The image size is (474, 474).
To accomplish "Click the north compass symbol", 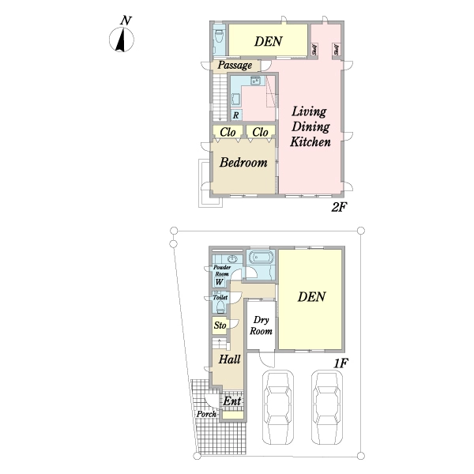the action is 121,39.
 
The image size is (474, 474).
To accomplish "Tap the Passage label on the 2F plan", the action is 235,66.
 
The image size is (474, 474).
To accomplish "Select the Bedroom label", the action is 243,162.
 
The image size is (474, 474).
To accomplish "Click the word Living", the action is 309,112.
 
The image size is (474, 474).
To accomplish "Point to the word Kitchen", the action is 310,141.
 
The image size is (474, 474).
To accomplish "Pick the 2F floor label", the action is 339,207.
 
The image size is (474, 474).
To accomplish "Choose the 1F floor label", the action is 341,363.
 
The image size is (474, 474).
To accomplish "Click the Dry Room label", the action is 261,325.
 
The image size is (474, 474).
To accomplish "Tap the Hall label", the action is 229,359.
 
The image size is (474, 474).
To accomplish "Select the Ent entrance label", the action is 231,401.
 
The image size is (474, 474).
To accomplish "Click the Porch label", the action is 206,414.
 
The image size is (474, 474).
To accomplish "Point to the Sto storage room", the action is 220,325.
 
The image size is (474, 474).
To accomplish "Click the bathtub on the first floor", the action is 261,258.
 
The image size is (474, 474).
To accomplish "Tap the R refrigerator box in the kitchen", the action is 236,115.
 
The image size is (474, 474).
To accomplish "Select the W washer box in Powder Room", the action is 219,282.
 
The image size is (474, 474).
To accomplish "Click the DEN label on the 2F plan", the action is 269,41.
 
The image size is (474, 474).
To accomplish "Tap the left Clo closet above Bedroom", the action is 228,132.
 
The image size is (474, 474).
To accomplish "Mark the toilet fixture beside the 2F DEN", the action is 219,37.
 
